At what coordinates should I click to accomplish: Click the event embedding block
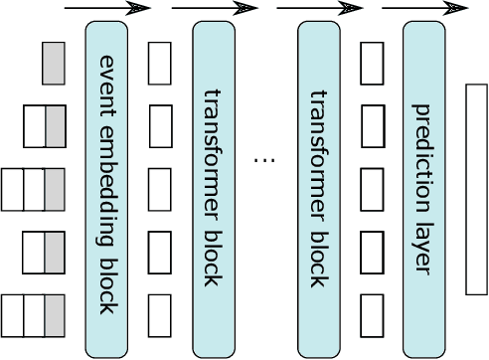[x=106, y=189]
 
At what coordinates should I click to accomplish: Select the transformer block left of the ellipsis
[x=213, y=189]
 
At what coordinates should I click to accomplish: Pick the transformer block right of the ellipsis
[x=318, y=189]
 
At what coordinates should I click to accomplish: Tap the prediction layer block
[x=424, y=189]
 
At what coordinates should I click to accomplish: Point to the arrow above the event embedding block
[x=93, y=9]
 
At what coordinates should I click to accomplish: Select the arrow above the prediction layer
[x=412, y=9]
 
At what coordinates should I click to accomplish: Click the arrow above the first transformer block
[x=201, y=9]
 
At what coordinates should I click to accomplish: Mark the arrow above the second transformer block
[x=306, y=9]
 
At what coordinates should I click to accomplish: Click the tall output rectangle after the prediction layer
[x=476, y=189]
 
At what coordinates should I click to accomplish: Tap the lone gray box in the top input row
[x=54, y=63]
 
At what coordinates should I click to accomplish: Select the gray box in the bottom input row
[x=55, y=315]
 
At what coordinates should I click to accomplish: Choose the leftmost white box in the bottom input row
[x=12, y=315]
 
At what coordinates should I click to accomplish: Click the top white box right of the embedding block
[x=159, y=63]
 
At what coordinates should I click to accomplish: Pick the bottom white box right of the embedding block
[x=159, y=315]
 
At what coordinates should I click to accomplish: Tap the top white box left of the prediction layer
[x=372, y=63]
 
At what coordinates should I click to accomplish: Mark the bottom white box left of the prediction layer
[x=372, y=315]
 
